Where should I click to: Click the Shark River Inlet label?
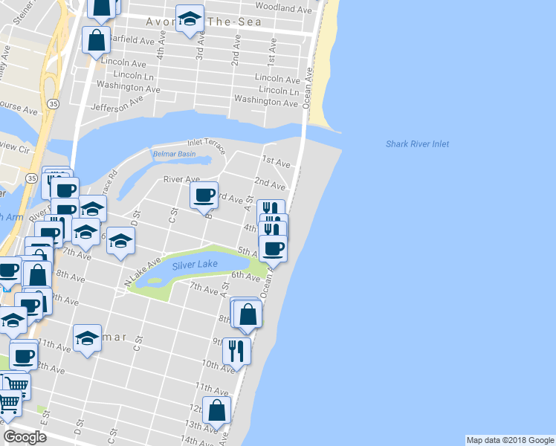click(x=417, y=144)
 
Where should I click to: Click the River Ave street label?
click(x=182, y=179)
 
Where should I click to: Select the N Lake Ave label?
click(x=142, y=272)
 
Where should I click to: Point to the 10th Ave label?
click(x=218, y=365)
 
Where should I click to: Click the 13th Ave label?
click(x=202, y=424)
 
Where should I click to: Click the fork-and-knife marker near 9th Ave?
click(x=236, y=349)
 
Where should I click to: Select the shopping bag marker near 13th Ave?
click(x=216, y=409)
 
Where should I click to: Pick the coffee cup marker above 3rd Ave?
click(x=204, y=195)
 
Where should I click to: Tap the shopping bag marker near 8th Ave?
click(x=248, y=314)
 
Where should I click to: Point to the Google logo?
click(x=25, y=437)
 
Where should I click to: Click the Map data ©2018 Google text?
click(x=509, y=440)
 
